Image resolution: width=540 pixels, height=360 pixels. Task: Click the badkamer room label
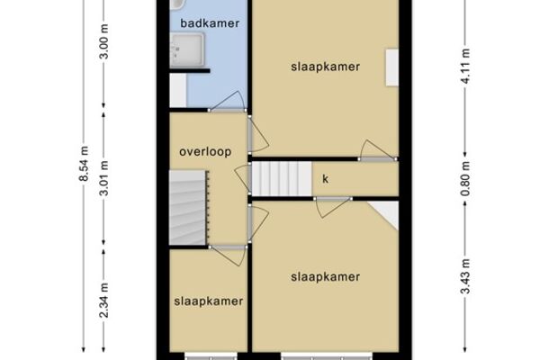[210, 23]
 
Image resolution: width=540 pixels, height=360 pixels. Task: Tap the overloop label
[205, 152]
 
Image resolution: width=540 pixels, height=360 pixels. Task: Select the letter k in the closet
[325, 179]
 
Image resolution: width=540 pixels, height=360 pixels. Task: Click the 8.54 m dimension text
[85, 163]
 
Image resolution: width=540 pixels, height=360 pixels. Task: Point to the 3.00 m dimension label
[104, 41]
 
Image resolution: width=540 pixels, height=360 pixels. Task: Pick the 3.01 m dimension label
[104, 178]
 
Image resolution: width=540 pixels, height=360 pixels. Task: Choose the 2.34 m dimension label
[104, 301]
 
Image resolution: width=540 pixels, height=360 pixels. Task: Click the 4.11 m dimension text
[465, 66]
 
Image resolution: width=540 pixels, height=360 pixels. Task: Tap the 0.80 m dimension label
[465, 179]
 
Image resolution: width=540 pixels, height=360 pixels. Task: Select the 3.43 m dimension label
[465, 276]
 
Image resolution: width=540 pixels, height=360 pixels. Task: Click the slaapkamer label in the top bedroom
[326, 67]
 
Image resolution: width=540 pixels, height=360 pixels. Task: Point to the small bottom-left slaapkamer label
[209, 301]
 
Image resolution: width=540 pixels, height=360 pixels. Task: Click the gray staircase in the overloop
[188, 208]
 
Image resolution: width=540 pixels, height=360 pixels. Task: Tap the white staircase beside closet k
[282, 179]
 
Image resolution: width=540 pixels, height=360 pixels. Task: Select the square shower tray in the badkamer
[187, 49]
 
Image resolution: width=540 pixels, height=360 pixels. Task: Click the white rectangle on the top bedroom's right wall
[391, 67]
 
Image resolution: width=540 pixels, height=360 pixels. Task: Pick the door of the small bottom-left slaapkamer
[229, 256]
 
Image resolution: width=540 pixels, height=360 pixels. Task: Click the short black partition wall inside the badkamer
[190, 71]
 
